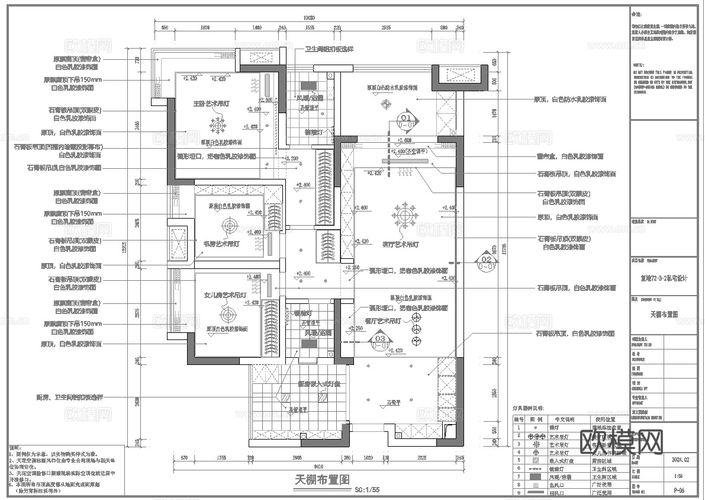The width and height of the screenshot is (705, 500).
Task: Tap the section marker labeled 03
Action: click(381, 340)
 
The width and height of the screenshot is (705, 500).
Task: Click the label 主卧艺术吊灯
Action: click(211, 104)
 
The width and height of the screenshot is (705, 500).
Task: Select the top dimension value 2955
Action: click(385, 28)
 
